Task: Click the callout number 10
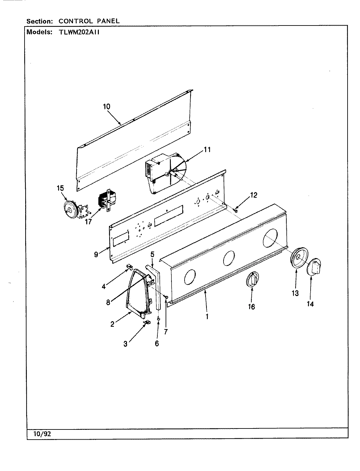[x=106, y=107]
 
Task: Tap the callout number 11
[x=207, y=150]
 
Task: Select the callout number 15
[x=60, y=188]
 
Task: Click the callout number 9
[x=96, y=254]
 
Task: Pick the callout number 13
[x=295, y=293]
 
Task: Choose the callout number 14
[x=310, y=304]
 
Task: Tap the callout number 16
[x=251, y=306]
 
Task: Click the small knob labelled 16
[x=252, y=279]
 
